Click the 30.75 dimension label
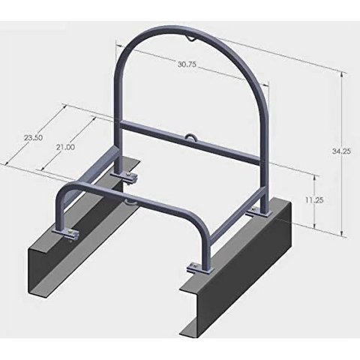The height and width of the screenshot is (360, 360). click(187, 64)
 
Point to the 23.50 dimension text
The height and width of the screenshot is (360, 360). click(33, 138)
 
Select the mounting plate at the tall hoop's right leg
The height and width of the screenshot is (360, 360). click(259, 213)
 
